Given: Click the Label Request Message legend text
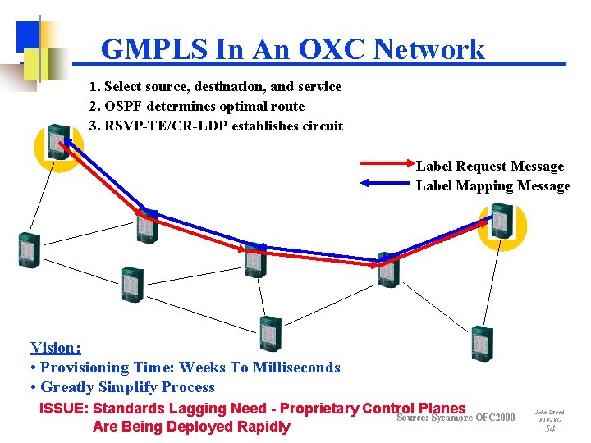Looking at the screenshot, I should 490,167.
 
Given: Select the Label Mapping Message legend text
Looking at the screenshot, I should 493,186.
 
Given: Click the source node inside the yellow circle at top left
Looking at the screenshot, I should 57,142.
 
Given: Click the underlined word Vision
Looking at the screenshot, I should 55,348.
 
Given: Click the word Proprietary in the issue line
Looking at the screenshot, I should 314,409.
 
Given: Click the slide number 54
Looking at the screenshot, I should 550,428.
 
